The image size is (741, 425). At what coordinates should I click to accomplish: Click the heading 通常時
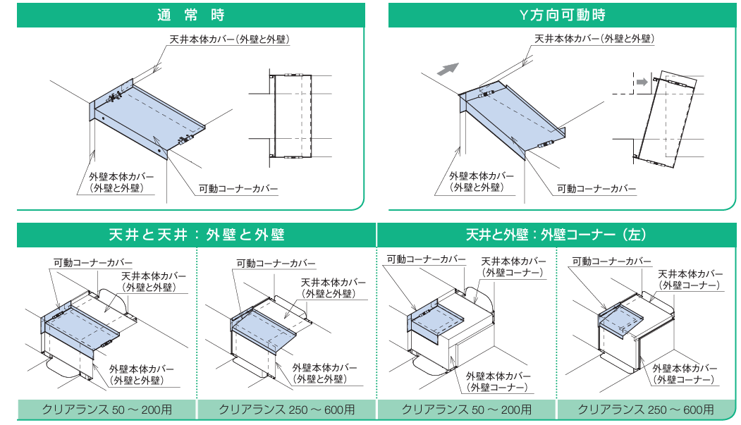click(191, 15)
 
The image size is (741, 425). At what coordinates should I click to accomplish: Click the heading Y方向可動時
click(562, 15)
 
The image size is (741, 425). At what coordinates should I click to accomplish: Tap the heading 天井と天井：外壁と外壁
click(197, 235)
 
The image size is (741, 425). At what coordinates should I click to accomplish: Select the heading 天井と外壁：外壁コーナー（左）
click(556, 235)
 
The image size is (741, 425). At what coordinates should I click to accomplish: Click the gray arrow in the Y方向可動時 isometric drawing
click(448, 69)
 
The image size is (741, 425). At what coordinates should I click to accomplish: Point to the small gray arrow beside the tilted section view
click(642, 82)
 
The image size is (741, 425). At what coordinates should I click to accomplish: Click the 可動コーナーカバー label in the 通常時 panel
click(238, 189)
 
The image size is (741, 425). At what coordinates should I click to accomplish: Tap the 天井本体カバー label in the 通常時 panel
click(230, 39)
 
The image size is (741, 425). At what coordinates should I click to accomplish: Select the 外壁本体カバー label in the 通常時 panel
click(121, 183)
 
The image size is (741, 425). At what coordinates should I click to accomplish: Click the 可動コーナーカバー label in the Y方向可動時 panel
click(596, 189)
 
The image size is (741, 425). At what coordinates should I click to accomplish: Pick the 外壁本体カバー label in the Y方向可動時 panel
click(481, 182)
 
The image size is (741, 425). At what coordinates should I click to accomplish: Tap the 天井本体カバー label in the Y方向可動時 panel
click(594, 39)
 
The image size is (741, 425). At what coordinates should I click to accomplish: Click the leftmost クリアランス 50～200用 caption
click(107, 409)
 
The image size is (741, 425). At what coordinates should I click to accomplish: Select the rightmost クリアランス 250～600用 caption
click(646, 409)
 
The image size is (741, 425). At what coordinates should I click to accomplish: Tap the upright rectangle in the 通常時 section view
click(293, 116)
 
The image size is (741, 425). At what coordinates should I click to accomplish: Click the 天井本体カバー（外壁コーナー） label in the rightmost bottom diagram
click(690, 280)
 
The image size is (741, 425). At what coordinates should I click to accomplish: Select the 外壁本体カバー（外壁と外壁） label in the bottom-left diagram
click(142, 375)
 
